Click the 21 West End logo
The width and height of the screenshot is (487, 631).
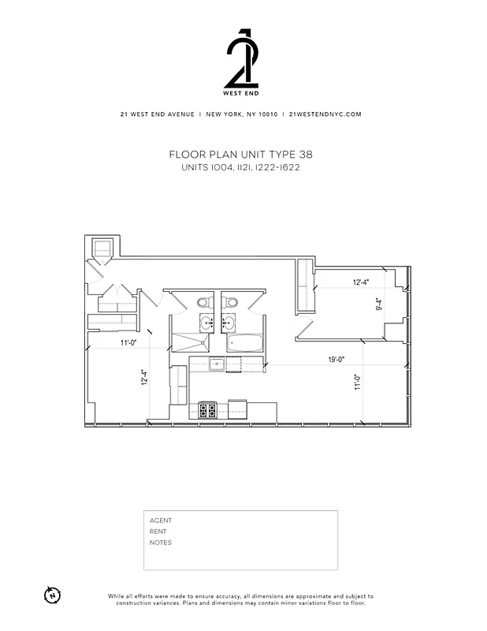point(242,59)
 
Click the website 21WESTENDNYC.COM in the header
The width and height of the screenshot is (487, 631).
point(325,114)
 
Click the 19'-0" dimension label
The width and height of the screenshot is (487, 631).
point(336,360)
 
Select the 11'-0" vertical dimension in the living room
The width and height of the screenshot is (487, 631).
point(356,383)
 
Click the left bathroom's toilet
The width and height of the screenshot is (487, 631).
point(203,301)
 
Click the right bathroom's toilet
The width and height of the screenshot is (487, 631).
point(232,301)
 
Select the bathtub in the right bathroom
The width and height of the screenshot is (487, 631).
point(244,343)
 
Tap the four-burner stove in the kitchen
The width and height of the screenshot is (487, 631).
point(208,409)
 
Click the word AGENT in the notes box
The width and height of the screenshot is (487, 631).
point(160,521)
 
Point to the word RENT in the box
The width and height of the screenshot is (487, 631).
point(158,532)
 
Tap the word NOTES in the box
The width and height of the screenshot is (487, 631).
point(160,543)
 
